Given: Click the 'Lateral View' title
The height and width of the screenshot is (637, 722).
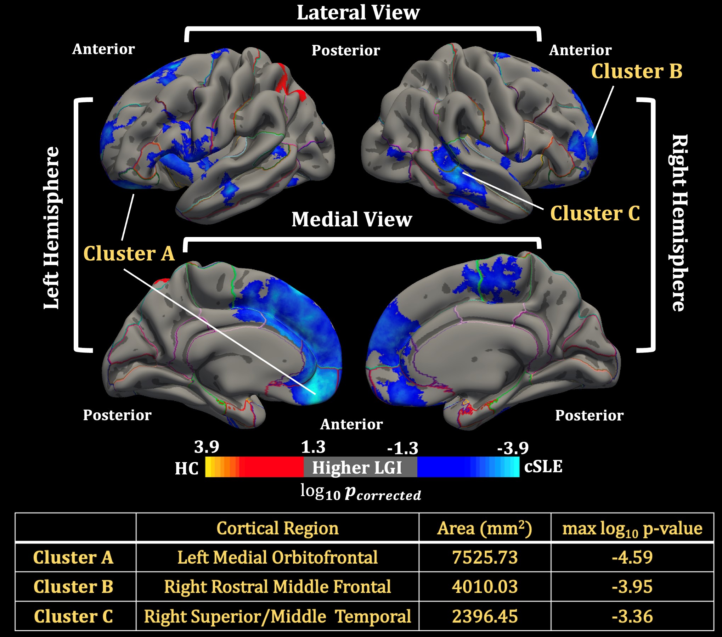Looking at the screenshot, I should tap(358, 13).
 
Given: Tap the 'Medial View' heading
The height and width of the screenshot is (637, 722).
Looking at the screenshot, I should tap(352, 219).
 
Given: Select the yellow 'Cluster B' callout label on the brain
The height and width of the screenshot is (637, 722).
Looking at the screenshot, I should tap(637, 71).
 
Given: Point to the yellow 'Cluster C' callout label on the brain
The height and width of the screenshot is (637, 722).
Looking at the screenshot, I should tap(595, 213).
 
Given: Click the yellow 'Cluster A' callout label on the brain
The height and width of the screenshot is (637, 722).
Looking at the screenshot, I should tap(129, 254).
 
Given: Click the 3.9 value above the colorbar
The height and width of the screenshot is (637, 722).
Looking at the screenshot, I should tap(207, 447).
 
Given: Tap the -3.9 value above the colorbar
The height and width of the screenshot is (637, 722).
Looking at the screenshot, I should tap(513, 449).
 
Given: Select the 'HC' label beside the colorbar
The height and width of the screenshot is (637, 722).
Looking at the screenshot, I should tap(187, 468).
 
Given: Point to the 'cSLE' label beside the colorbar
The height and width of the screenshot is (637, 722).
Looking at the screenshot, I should tap(543, 467).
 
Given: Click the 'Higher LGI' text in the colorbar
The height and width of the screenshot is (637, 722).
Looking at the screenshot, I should tap(357, 468).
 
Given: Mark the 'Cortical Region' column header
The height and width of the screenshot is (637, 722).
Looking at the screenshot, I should tap(277, 528).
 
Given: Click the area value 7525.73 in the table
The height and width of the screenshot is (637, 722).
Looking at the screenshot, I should tap(485, 557).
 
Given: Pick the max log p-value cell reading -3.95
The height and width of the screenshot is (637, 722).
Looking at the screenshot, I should tap(632, 587).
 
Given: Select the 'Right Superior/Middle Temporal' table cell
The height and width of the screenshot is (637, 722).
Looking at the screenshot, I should tap(277, 616).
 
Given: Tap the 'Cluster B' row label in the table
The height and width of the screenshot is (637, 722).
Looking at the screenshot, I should tap(73, 587).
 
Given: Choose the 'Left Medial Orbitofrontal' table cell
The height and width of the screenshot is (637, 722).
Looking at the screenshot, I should tap(277, 557).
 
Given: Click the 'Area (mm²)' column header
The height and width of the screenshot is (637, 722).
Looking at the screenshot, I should tap(485, 528).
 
